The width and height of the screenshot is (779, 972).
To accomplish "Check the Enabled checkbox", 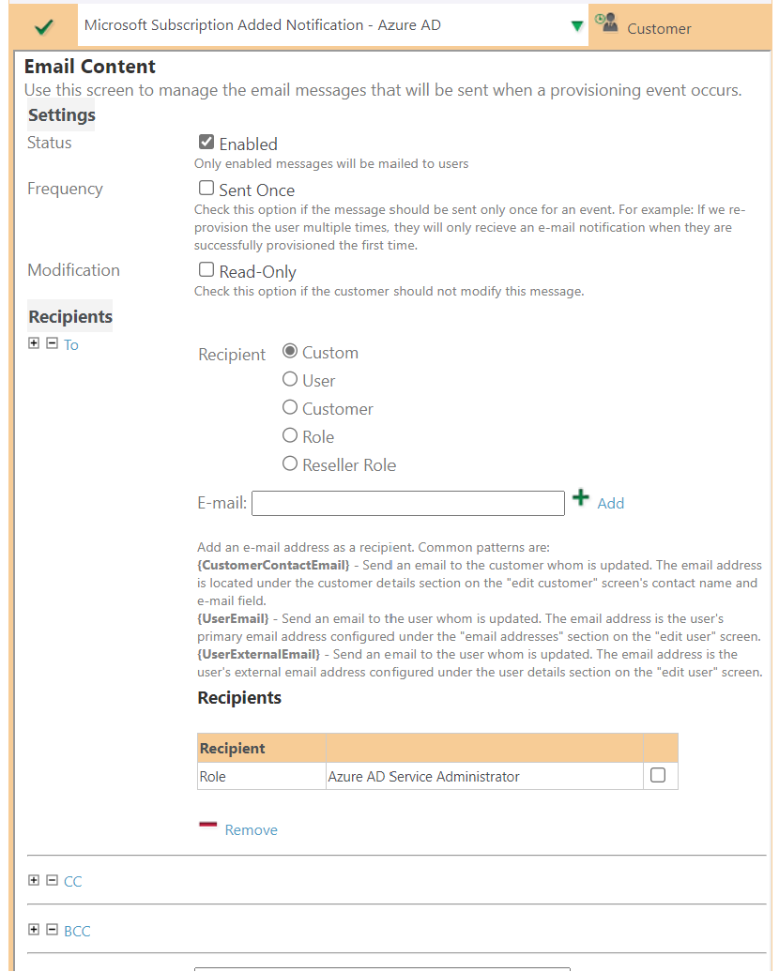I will pos(206,143).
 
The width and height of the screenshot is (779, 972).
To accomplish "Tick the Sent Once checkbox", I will pos(206,189).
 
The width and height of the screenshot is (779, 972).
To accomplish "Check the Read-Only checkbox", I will pos(206,270).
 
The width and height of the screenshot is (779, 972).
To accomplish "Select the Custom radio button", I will pos(290,352).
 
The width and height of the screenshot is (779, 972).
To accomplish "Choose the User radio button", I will pos(290,380).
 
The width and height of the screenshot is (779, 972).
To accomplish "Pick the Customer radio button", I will pos(290,408).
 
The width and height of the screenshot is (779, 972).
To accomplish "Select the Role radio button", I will pos(290,436).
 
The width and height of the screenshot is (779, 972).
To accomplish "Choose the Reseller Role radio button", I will pos(290,464).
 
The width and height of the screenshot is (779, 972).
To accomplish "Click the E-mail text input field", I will pos(407,504).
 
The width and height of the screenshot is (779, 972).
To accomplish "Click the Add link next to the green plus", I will pos(610,504).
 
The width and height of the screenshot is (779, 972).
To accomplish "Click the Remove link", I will pos(251,830).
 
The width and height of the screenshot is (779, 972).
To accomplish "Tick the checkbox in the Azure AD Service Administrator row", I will pos(658,776).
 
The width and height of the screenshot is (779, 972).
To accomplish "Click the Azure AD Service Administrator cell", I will pos(423,777).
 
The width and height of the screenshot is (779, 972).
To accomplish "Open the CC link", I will pos(72,882).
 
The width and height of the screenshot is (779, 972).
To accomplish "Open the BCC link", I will pos(77,932).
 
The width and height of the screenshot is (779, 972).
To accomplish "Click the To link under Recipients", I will pos(71,345).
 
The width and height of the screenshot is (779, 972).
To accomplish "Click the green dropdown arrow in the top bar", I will pos(577,26).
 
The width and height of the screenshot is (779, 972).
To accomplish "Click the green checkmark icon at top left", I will pos(42,26).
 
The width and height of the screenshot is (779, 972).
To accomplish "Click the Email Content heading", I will pos(90,67).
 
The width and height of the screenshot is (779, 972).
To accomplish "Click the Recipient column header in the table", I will pos(233,749).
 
